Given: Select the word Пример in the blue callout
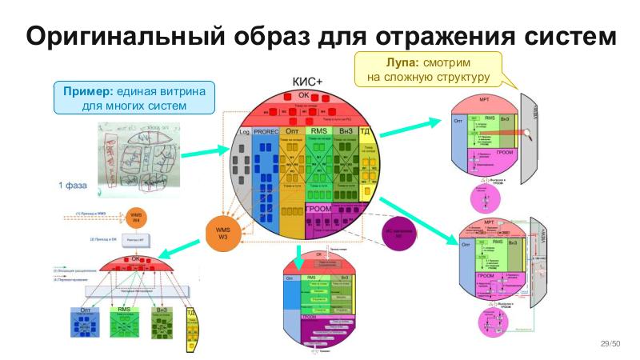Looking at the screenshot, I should pyautogui.click(x=87, y=91).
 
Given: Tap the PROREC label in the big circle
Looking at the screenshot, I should pyautogui.click(x=264, y=130).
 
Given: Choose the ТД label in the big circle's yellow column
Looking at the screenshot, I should pyautogui.click(x=365, y=130).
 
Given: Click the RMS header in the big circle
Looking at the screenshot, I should pyautogui.click(x=319, y=130).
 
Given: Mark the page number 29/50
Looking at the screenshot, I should pyautogui.click(x=610, y=343).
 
